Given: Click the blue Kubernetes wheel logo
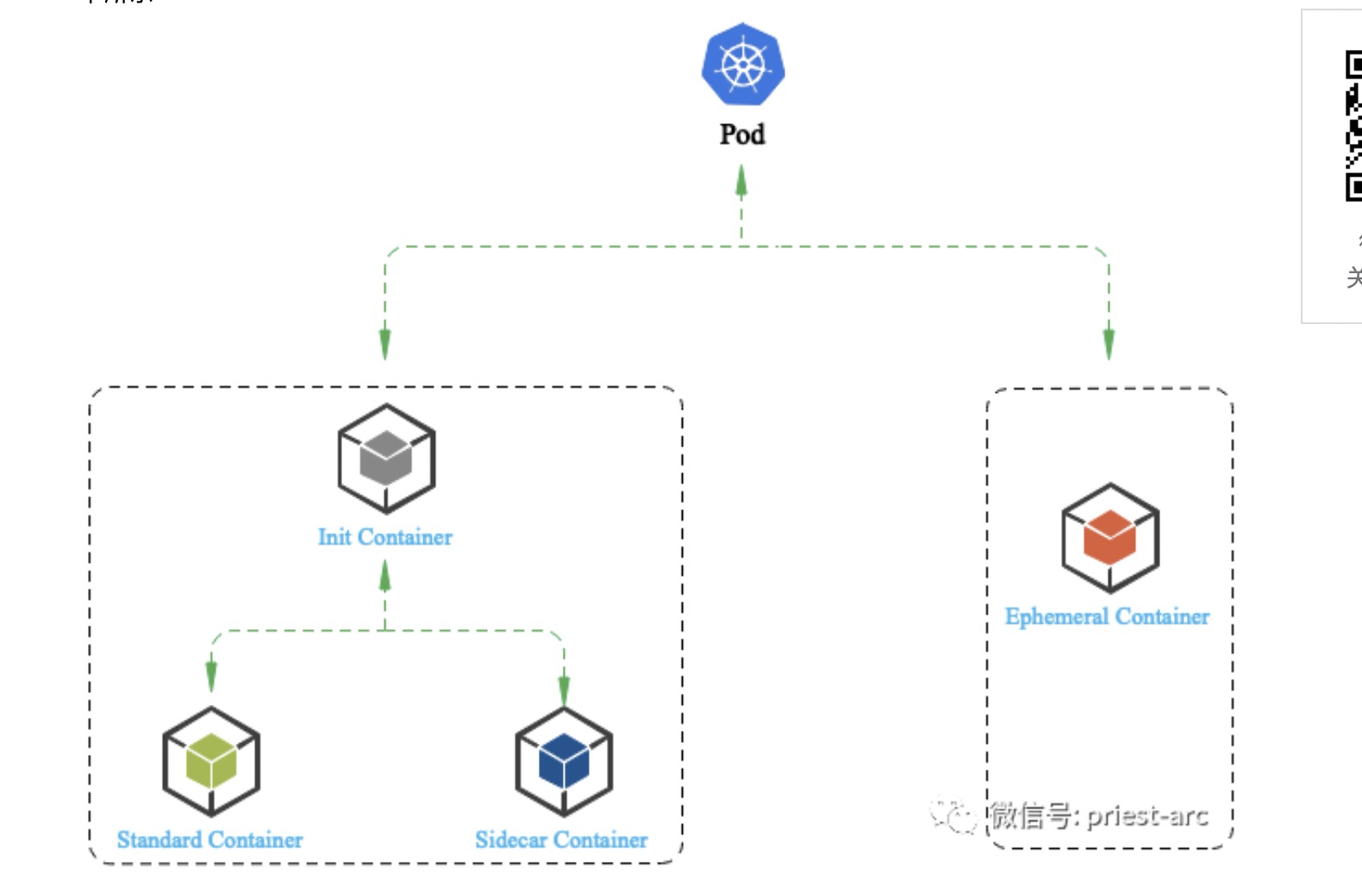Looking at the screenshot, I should (742, 66).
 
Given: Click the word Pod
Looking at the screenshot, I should (742, 134).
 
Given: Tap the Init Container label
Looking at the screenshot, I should (384, 537).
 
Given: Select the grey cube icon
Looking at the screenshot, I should (385, 458).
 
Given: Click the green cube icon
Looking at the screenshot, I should (211, 761).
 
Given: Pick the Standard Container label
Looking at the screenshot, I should (209, 839).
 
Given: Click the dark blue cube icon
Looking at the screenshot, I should (564, 761).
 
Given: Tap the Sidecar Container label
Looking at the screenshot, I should (561, 839).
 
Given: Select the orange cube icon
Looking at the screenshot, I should (1109, 537).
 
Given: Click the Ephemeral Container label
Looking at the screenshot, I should (1107, 616).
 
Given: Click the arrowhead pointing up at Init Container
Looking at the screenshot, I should (385, 576).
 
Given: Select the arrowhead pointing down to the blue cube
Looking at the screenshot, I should (564, 689).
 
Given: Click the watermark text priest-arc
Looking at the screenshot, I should (1147, 815).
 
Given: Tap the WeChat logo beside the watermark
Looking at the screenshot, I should (953, 814).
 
